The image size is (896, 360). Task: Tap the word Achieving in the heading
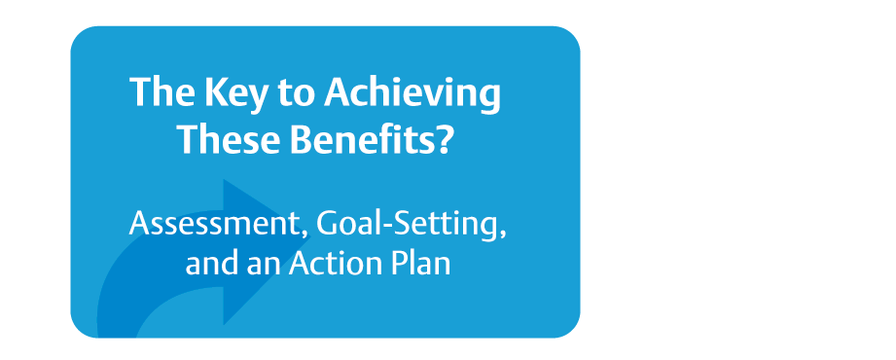point(412,92)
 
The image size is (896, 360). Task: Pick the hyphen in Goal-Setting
point(384,227)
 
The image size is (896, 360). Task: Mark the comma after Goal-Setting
point(503,234)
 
